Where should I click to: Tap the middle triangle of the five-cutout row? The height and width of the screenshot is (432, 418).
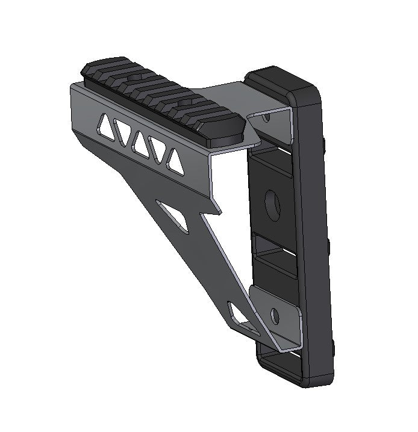click(140, 142)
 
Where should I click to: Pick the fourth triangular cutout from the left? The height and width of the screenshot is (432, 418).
click(158, 150)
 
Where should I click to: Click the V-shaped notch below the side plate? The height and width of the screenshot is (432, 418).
click(211, 211)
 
